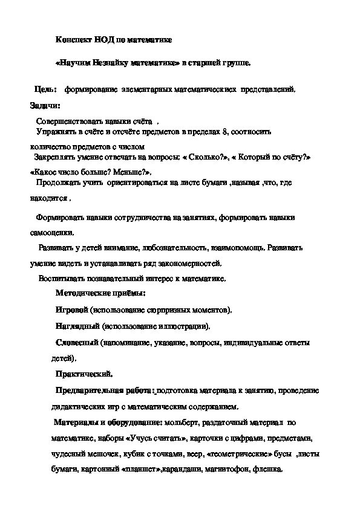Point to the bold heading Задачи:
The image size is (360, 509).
point(45,105)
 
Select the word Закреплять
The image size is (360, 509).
point(57,157)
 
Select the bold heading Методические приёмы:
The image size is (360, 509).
point(100,294)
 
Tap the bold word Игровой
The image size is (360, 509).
point(71,311)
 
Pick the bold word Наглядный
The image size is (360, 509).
point(76,326)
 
